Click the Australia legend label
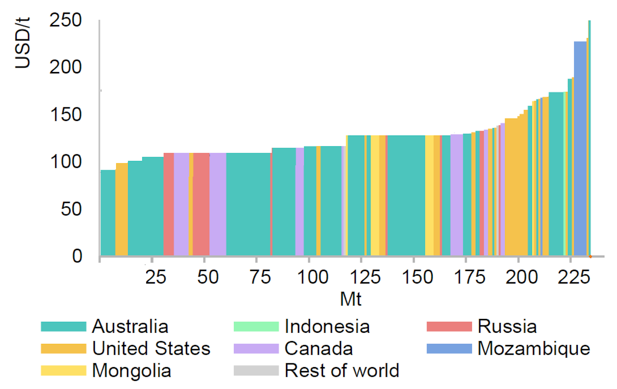(x=130, y=326)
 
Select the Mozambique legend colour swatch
(x=449, y=348)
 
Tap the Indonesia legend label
(x=327, y=326)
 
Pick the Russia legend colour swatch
(x=449, y=326)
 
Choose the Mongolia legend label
(x=131, y=370)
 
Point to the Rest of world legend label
(x=342, y=370)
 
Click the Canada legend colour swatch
(x=256, y=348)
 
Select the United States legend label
(x=151, y=348)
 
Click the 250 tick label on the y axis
(x=66, y=20)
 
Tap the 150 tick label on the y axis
(x=66, y=115)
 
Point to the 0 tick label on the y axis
(x=77, y=256)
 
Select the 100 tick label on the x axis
(x=313, y=277)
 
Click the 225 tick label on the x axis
(x=574, y=277)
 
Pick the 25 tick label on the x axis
(x=156, y=277)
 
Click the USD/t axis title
(x=22, y=42)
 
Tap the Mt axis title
(x=351, y=299)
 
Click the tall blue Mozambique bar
(x=580, y=148)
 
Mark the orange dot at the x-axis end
(x=590, y=257)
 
